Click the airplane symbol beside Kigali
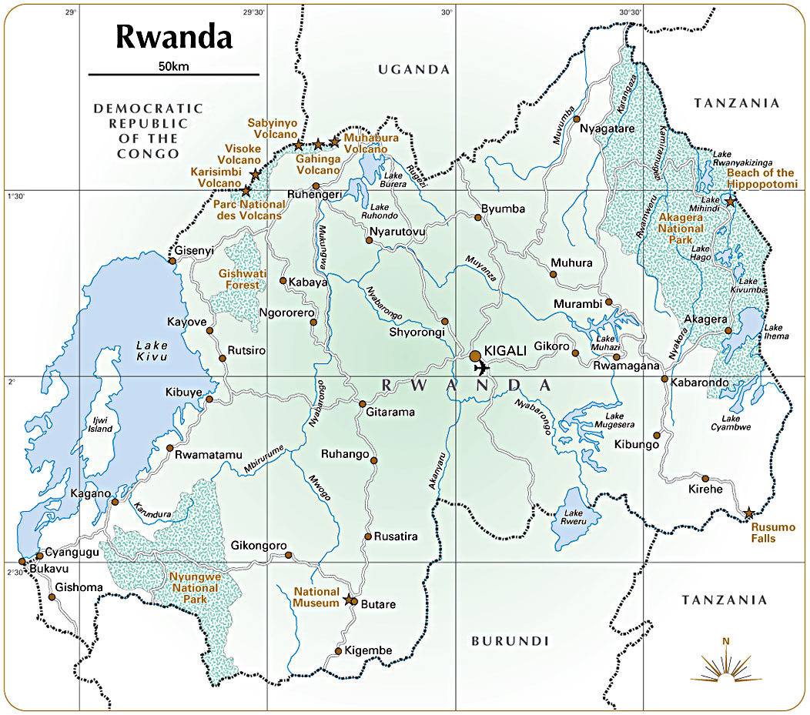(482, 367)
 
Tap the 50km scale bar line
(173, 75)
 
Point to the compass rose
(725, 667)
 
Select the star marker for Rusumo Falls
(748, 513)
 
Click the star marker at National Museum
(349, 599)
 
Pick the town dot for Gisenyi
(172, 260)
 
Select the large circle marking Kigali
(475, 356)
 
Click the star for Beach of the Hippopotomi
(730, 202)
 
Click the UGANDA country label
(413, 69)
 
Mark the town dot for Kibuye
(209, 399)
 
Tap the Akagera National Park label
(681, 229)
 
